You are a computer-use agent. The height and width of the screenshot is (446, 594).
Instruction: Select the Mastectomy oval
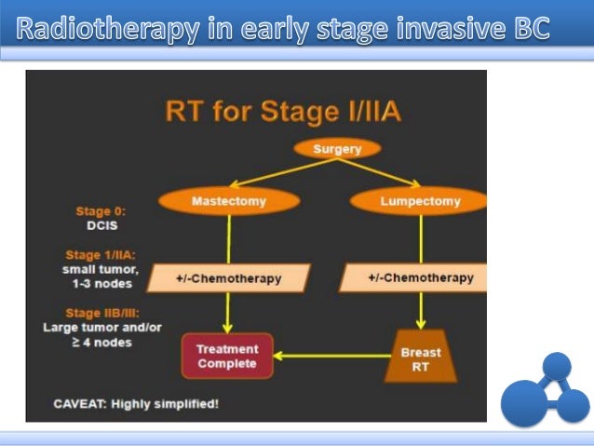coord(229,200)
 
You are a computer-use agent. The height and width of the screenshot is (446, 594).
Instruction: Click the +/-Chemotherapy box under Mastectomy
coord(228,278)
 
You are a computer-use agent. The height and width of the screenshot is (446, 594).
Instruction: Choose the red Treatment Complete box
coord(227,357)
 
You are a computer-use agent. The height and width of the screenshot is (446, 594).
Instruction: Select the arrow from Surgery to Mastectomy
coord(269,172)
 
